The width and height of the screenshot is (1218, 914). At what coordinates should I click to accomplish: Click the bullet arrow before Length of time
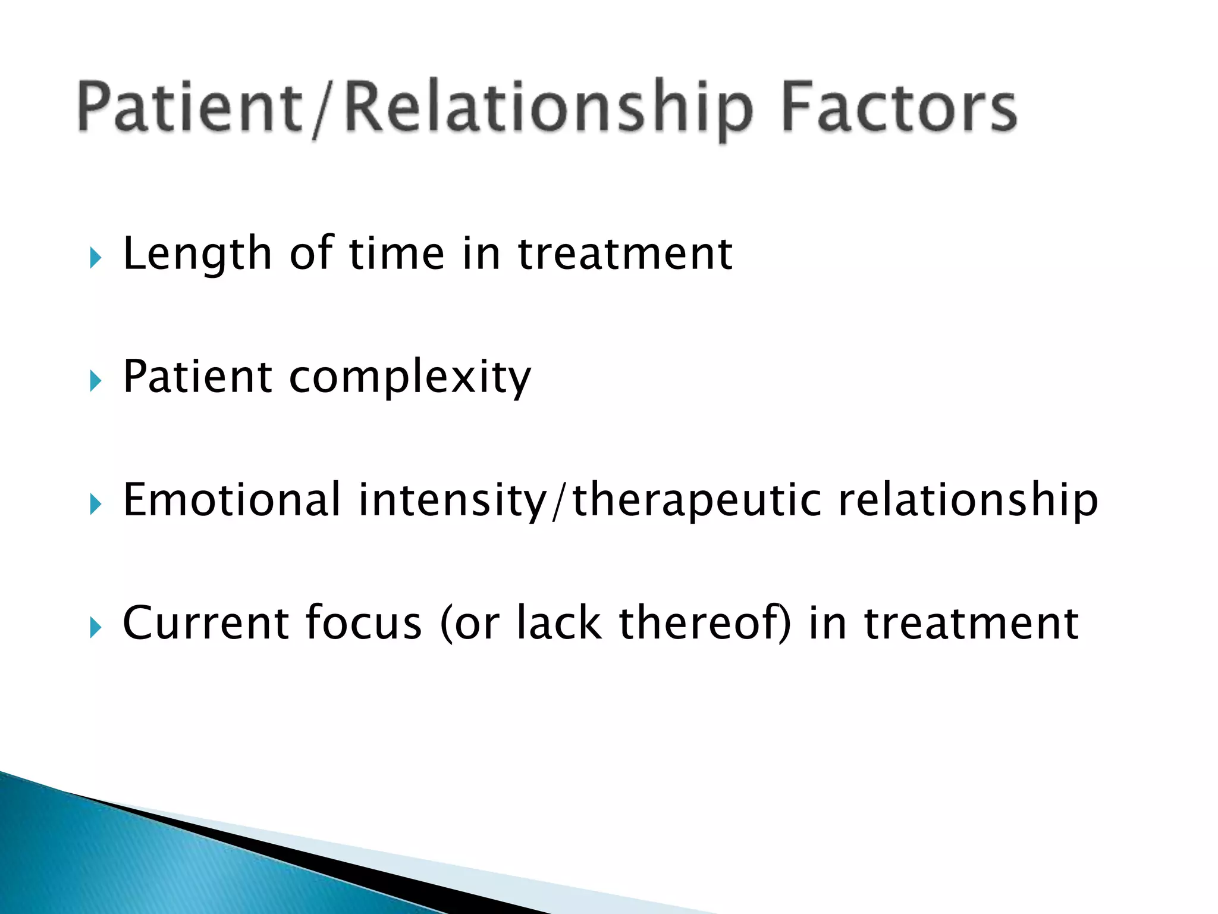(x=95, y=258)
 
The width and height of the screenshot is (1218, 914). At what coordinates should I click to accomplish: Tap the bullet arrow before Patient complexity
(x=95, y=381)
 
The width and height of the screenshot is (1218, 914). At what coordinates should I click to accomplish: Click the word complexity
(x=410, y=378)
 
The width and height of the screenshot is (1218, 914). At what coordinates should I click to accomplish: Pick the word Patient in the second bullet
(x=197, y=377)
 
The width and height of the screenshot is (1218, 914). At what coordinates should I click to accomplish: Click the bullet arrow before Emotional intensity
(x=95, y=505)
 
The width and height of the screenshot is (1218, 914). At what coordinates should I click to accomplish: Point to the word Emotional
(x=231, y=500)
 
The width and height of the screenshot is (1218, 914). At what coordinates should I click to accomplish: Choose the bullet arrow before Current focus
(x=95, y=627)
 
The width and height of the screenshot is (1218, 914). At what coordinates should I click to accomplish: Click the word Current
(x=205, y=624)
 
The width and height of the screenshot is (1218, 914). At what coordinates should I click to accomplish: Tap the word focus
(x=363, y=624)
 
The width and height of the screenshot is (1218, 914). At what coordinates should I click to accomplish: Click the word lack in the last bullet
(x=559, y=624)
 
